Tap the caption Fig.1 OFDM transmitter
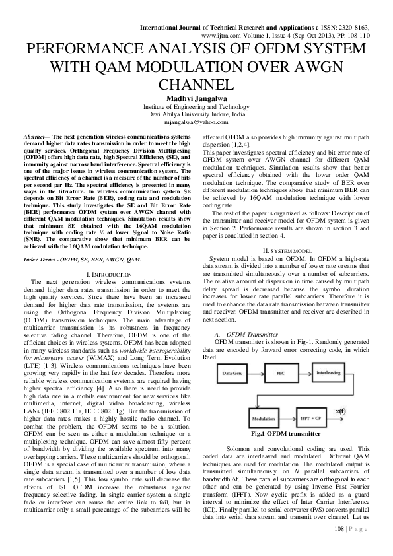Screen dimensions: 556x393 click(x=285, y=434)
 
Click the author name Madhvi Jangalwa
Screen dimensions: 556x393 click(x=196, y=98)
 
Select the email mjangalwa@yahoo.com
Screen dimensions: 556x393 click(x=196, y=122)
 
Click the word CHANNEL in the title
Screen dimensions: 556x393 click(x=196, y=85)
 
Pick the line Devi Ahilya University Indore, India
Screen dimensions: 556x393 click(x=196, y=114)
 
